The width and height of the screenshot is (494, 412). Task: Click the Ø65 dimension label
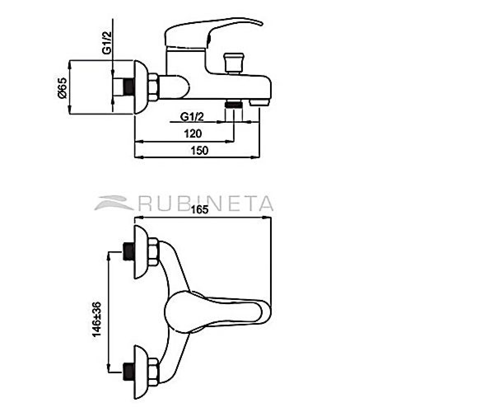[x=62, y=88]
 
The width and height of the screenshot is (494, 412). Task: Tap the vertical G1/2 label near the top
[x=107, y=43]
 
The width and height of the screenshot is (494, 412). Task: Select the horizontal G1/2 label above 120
[x=192, y=117]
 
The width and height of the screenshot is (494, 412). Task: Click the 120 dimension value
[x=193, y=134]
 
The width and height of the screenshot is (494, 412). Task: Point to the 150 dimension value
[x=199, y=151]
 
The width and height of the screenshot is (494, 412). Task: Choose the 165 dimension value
[x=200, y=210]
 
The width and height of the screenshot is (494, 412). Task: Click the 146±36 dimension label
[x=96, y=319]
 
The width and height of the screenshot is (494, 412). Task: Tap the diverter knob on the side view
[x=234, y=63]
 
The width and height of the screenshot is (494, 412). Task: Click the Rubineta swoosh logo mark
[x=114, y=203]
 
